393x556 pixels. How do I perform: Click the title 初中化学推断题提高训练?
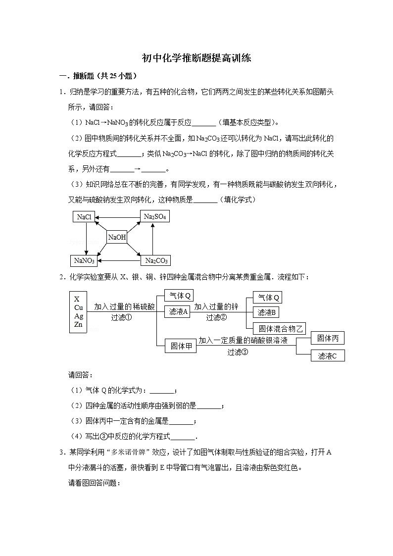point(196,58)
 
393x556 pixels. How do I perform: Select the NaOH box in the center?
point(117,238)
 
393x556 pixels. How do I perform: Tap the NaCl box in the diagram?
point(84,217)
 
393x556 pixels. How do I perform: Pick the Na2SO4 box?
point(154,217)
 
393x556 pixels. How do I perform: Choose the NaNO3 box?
point(84,260)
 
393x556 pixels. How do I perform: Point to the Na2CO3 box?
point(155,260)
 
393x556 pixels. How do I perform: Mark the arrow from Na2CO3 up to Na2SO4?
point(153,239)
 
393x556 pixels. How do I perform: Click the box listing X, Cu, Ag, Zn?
point(78,312)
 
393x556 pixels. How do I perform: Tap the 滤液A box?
point(178,311)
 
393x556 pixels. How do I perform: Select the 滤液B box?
point(268,312)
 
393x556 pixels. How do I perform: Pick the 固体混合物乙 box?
point(280,328)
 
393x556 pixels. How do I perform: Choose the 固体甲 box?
point(181,347)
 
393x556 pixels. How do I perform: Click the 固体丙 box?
point(328,338)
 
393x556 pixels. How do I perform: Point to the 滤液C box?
point(328,355)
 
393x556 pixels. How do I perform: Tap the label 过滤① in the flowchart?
point(121,317)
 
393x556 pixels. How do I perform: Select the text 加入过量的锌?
point(216,306)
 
